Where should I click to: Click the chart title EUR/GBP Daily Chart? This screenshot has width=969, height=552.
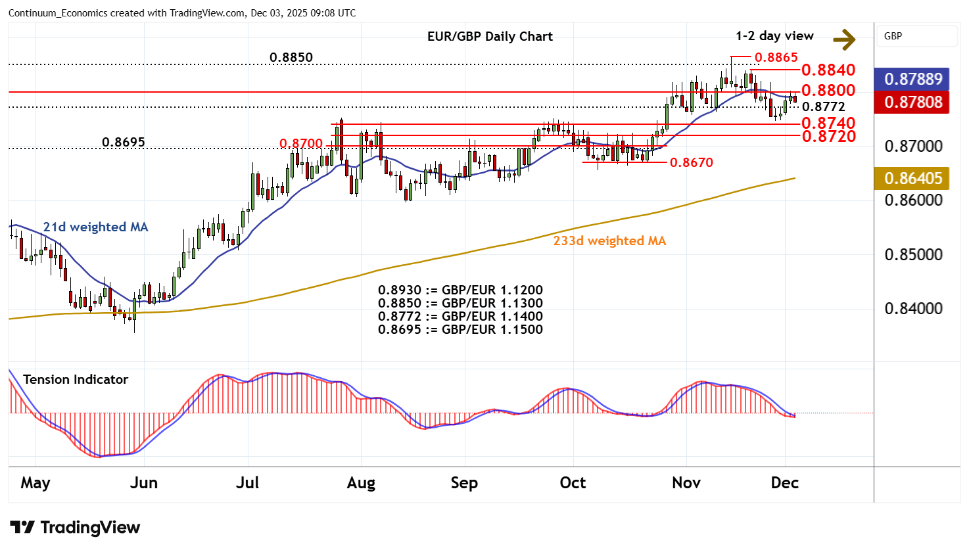pyautogui.click(x=490, y=37)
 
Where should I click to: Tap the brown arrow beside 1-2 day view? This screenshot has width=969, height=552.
pyautogui.click(x=844, y=39)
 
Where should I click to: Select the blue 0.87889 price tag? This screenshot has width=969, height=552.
pyautogui.click(x=913, y=80)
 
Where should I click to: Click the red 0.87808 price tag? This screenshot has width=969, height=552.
pyautogui.click(x=913, y=103)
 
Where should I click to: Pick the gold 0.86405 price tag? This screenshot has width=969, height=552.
pyautogui.click(x=913, y=179)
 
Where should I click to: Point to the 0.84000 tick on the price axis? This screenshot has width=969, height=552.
pyautogui.click(x=913, y=309)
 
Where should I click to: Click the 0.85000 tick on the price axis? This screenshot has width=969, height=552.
pyautogui.click(x=913, y=255)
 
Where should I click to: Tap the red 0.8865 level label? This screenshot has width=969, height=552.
pyautogui.click(x=776, y=58)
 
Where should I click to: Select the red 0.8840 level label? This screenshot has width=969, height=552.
pyautogui.click(x=828, y=70)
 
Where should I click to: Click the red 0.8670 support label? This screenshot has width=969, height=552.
pyautogui.click(x=691, y=162)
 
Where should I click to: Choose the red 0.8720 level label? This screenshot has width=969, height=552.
pyautogui.click(x=828, y=137)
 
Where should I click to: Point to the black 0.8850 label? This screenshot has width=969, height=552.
pyautogui.click(x=291, y=58)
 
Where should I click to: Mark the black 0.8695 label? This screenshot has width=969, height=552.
pyautogui.click(x=124, y=143)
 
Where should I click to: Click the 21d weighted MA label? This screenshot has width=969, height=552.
pyautogui.click(x=95, y=227)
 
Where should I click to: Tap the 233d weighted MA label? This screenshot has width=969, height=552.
pyautogui.click(x=609, y=241)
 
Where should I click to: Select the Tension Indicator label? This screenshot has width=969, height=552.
pyautogui.click(x=76, y=380)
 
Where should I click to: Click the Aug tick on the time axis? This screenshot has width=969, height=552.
pyautogui.click(x=361, y=483)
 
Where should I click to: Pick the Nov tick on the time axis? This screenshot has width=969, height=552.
pyautogui.click(x=686, y=483)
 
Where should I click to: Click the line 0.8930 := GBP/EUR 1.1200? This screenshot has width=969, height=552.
pyautogui.click(x=460, y=290)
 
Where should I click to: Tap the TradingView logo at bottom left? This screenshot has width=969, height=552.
pyautogui.click(x=76, y=528)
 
